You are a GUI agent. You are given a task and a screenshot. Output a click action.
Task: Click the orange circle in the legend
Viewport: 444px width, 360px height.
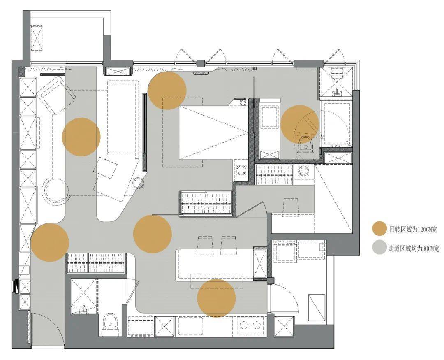[379, 228]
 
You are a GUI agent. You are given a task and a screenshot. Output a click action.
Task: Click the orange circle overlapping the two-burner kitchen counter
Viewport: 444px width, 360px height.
[216, 298]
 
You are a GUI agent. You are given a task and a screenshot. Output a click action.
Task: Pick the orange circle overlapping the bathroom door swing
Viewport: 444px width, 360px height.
[300, 124]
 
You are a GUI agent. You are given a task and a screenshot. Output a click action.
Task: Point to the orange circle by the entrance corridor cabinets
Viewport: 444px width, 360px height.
[50, 242]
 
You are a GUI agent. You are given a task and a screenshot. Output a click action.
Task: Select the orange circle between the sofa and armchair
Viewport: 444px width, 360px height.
[81, 137]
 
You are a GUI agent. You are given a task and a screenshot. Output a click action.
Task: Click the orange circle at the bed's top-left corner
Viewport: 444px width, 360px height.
[167, 91]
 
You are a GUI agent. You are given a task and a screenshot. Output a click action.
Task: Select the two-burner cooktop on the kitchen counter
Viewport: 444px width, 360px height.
[250, 325]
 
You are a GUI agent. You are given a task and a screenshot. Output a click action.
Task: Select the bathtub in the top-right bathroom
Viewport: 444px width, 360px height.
[336, 124]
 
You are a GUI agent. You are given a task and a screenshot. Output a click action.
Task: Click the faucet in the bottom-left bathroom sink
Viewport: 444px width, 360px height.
[84, 310]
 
